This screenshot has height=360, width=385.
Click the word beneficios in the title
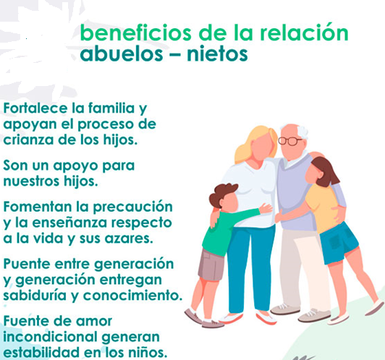pos(135,33)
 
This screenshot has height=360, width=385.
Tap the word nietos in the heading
pos(217,53)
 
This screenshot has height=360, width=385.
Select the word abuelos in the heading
pos(122,53)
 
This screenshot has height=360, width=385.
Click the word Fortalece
pos(35,108)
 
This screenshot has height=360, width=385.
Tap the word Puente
pos(27,264)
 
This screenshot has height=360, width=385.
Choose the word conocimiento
pos(133,296)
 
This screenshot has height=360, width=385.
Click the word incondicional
pos(51,337)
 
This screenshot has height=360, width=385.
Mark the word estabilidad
pos(42,352)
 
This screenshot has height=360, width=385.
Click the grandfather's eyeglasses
pos(289,141)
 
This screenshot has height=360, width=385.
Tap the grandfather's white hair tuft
pos(302,132)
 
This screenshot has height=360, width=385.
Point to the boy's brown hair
pos(223,193)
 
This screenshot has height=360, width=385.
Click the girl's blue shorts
pos(339,243)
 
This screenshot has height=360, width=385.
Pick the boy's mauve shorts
pos(211,265)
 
